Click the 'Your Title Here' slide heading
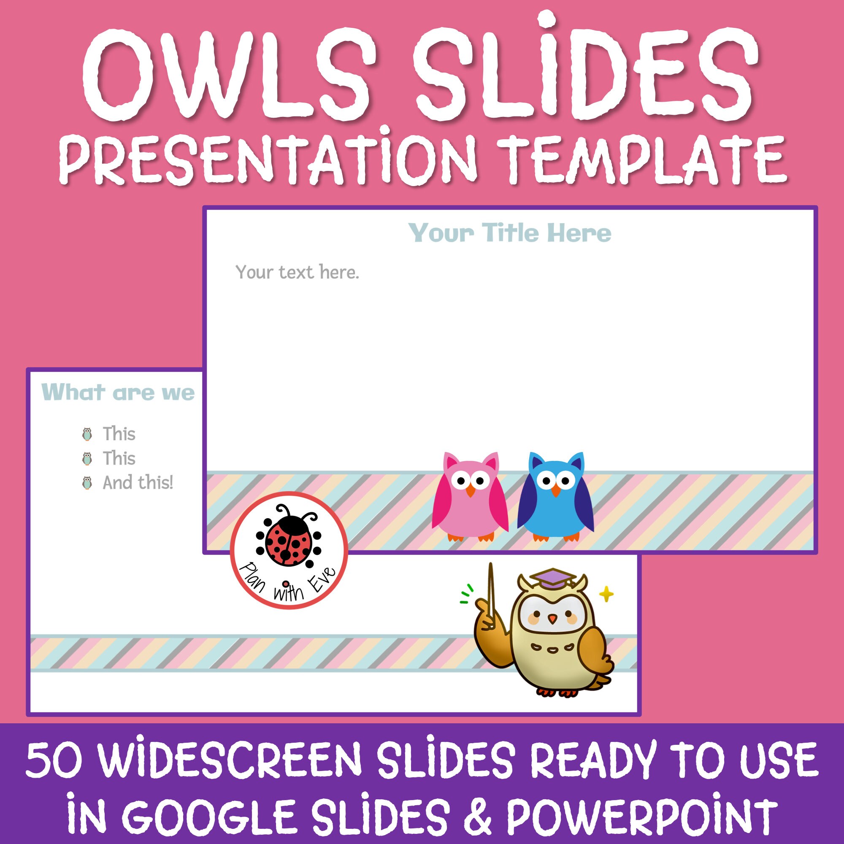(509, 233)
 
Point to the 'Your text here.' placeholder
(297, 273)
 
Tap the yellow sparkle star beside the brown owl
(606, 594)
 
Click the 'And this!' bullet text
(138, 483)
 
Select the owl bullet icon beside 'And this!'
(87, 483)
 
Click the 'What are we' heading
(118, 392)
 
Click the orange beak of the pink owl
(470, 491)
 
